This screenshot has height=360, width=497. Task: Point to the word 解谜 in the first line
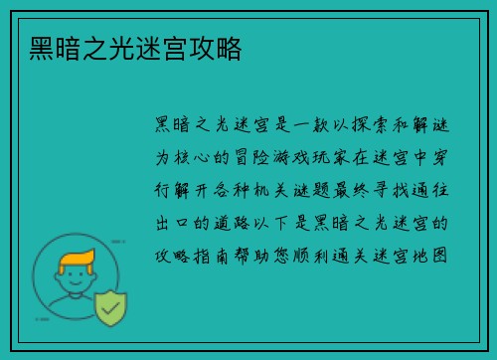click(x=427, y=125)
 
